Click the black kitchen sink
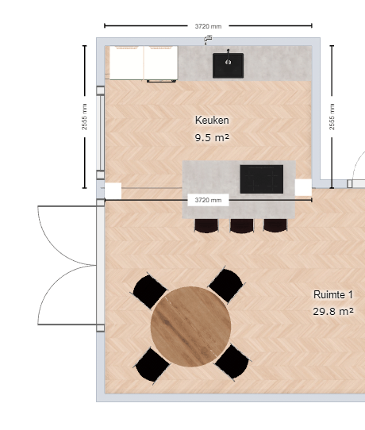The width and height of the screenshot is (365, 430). pos(228,65)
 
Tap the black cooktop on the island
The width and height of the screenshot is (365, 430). pos(262,179)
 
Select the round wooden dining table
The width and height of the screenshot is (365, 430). pos(190,326)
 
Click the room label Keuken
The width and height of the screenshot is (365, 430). pos(212,120)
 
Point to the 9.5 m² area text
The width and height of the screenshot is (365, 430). pos(212,137)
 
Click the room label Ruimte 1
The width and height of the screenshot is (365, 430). pos(333,294)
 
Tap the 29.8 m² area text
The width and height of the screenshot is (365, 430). pos(333,312)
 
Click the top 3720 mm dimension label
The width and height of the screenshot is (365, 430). pos(208,26)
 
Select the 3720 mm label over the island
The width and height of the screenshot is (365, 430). pos(208,200)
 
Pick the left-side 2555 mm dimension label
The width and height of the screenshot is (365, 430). pos(84,117)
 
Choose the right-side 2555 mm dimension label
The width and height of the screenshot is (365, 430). pos(332,117)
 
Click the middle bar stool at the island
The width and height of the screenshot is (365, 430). pos(242,226)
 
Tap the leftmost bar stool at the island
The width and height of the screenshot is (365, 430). pos(206,226)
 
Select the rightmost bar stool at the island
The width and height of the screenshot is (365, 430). pos(275,225)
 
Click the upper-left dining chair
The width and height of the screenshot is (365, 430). pos(149,291)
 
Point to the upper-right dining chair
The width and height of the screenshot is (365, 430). pos(226,285)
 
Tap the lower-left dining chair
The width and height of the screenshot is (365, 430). pos(152,366)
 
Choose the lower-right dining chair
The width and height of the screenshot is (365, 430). pos(232,362)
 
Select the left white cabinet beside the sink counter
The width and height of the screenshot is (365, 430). pos(126,63)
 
